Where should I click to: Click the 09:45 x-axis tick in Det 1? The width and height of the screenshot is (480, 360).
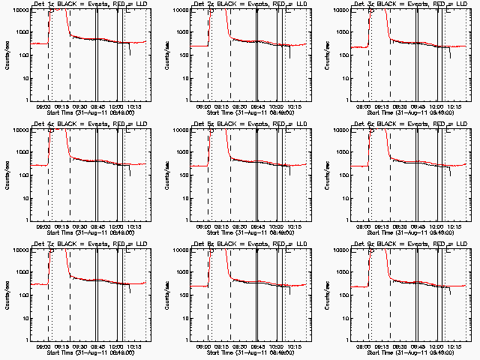click(x=98, y=106)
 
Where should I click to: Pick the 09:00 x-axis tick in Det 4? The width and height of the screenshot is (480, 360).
click(x=43, y=226)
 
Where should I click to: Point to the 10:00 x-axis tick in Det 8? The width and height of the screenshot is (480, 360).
click(x=277, y=346)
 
